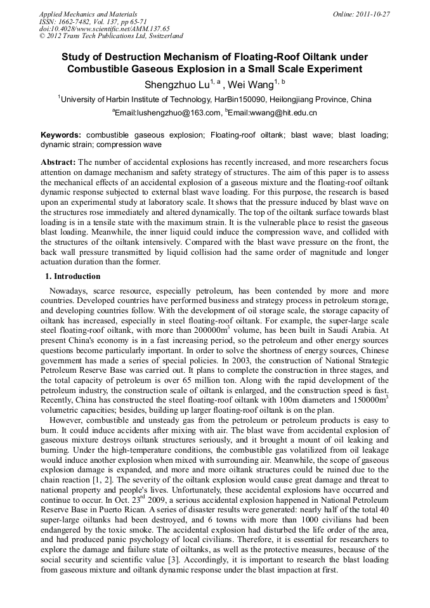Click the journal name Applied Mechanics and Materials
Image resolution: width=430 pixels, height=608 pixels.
click(88, 14)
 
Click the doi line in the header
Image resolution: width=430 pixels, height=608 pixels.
click(104, 29)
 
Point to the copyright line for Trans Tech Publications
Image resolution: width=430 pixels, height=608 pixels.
click(111, 36)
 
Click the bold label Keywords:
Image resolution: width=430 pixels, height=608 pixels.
click(61, 135)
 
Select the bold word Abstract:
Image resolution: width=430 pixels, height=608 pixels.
click(58, 162)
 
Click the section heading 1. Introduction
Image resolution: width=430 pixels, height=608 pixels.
click(72, 276)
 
